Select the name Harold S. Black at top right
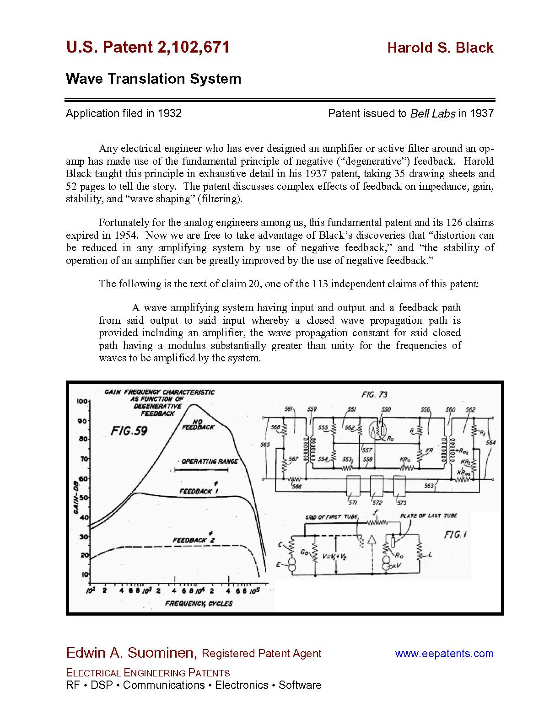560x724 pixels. pos(440,48)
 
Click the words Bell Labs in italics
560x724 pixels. pos(432,113)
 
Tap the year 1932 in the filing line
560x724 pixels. pos(170,113)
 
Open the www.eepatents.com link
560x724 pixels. pos(444,654)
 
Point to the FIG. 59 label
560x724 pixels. pos(129,431)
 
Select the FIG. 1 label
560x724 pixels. pos(455,534)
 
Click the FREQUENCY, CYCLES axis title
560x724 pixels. pos(199,604)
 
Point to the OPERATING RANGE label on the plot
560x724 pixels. pos(210,461)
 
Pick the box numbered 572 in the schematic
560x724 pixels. pos(377,486)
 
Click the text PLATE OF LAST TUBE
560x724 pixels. pos(428,515)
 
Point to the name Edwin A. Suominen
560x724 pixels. pos(130,653)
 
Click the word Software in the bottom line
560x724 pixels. pos(300,685)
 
